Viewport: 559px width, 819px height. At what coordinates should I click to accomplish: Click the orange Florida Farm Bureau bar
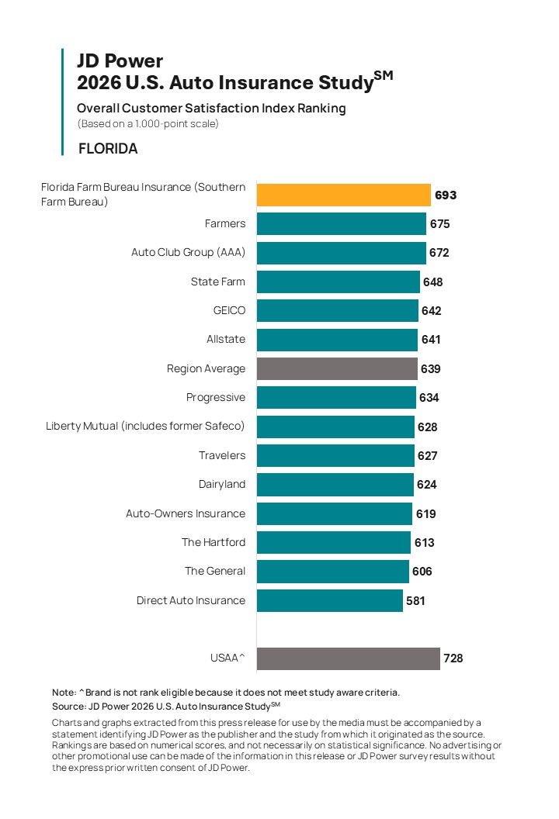(344, 195)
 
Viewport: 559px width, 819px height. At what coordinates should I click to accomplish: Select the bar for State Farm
(338, 282)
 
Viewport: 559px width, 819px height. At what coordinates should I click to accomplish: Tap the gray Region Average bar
(337, 368)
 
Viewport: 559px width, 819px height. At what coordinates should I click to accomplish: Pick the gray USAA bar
(349, 658)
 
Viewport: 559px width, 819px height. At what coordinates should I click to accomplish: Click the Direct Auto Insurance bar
(329, 600)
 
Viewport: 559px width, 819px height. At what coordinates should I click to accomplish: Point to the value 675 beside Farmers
(439, 224)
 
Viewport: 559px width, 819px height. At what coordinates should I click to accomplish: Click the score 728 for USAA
(453, 658)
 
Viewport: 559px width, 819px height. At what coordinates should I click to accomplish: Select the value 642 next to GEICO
(432, 311)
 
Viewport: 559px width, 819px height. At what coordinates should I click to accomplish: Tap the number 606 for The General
(422, 572)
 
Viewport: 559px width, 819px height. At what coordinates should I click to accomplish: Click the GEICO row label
(229, 310)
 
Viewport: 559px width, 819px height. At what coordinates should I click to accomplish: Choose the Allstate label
(226, 339)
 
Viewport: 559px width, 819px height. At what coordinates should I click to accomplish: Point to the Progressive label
(215, 398)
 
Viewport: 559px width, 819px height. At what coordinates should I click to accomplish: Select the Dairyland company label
(222, 484)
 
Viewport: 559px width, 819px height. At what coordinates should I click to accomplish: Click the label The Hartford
(214, 542)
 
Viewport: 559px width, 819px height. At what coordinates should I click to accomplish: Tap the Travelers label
(222, 455)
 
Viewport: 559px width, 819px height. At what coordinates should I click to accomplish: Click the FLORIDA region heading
(108, 149)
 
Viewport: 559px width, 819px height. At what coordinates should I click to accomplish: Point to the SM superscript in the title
(384, 75)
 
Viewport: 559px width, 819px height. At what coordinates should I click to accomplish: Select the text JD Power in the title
(120, 61)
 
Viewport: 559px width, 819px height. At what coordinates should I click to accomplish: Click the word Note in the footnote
(64, 693)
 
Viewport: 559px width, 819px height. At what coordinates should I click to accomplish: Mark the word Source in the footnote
(68, 707)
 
